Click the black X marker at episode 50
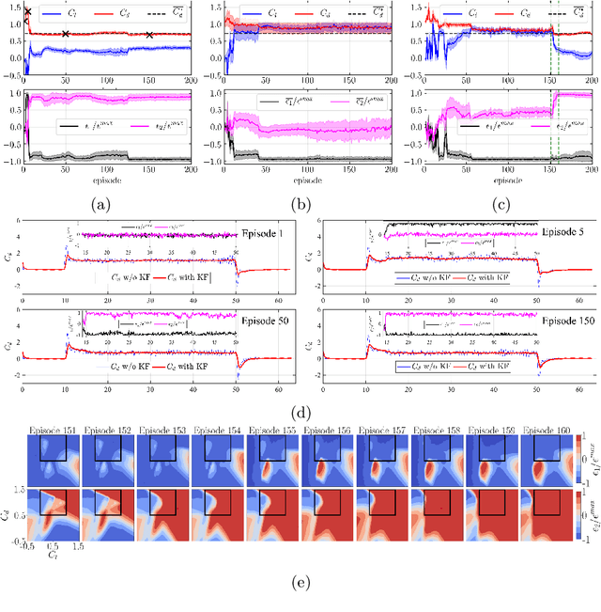click(x=65, y=34)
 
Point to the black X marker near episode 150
click(x=149, y=36)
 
